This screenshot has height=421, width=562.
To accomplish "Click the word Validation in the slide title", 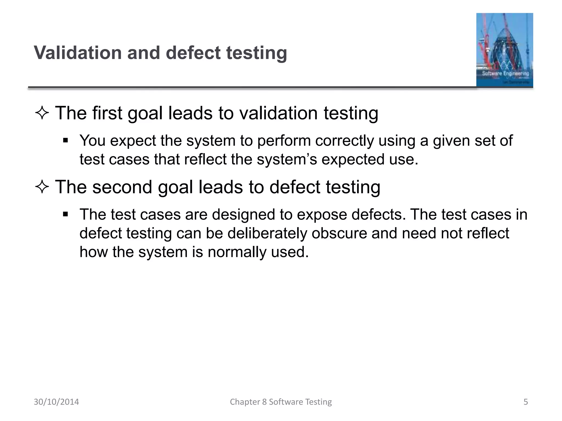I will [78, 53].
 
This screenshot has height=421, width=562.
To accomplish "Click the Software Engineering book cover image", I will [504, 50].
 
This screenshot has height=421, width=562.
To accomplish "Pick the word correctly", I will [344, 141].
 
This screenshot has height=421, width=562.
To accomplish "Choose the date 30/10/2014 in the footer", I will [56, 402].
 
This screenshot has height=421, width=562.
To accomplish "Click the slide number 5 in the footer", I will [526, 402].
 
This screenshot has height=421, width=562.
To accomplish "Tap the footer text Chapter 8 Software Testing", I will [281, 402].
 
